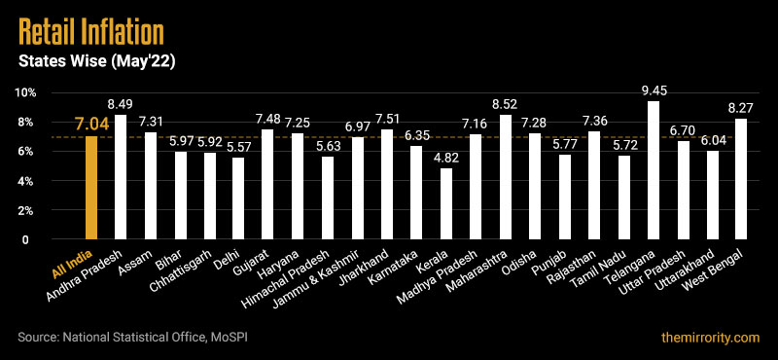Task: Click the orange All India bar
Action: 92,188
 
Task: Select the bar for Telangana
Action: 654,170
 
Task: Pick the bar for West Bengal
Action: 741,179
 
